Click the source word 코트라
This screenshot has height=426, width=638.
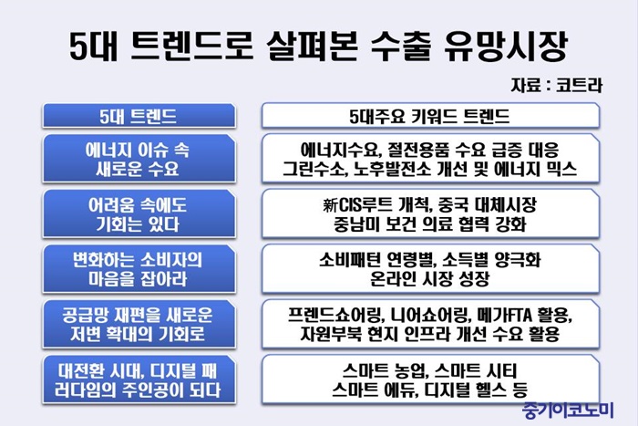click(x=579, y=86)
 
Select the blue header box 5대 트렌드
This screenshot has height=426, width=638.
click(x=139, y=116)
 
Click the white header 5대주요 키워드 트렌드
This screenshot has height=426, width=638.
click(x=430, y=116)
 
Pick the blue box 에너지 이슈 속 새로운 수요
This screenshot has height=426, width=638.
click(x=139, y=159)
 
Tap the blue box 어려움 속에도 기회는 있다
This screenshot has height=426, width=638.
click(x=139, y=213)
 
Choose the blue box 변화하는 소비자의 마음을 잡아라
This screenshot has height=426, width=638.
click(x=139, y=269)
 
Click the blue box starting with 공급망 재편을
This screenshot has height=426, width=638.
click(x=139, y=324)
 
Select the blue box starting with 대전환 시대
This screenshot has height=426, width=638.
click(x=139, y=379)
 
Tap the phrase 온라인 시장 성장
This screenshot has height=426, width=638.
click(x=430, y=279)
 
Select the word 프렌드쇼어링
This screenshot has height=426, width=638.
click(x=334, y=315)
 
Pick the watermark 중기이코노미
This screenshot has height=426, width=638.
click(x=568, y=410)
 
